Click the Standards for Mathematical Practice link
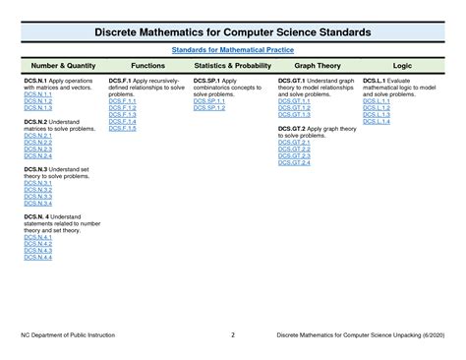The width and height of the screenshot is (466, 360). click(232, 48)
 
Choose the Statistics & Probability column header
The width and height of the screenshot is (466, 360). click(232, 63)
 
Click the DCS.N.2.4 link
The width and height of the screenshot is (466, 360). click(37, 156)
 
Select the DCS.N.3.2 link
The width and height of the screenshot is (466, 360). click(37, 189)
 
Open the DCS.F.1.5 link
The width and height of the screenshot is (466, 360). click(123, 129)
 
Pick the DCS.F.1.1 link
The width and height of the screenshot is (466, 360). click(123, 99)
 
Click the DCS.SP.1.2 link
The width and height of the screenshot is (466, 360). click(209, 106)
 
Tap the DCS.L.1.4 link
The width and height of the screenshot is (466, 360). click(378, 121)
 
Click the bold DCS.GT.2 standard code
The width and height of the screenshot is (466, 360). click(293, 129)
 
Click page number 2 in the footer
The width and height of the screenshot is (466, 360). click(232, 334)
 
